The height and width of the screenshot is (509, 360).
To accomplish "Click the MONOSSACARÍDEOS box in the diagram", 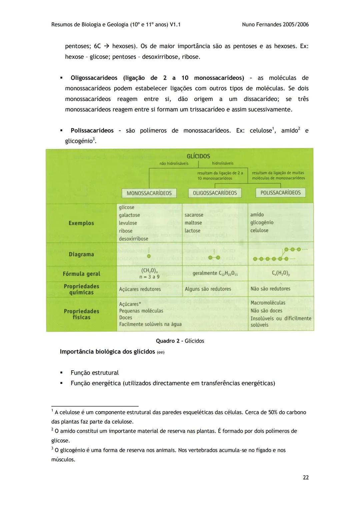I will [x=149, y=193].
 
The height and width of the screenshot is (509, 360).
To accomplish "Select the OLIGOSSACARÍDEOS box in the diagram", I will [x=215, y=193].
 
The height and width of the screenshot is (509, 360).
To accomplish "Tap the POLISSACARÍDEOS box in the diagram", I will [x=280, y=193].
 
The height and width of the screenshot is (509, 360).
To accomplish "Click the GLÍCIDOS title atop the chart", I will [x=198, y=156].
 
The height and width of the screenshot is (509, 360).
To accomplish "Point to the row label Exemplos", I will [x=81, y=223].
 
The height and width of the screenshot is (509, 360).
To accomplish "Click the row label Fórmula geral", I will [x=81, y=274].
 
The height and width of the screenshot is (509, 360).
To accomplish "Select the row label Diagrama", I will [x=81, y=254].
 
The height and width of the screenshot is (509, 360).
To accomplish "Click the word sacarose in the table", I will [x=194, y=215].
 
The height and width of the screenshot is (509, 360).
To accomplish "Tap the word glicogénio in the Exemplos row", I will [x=262, y=222].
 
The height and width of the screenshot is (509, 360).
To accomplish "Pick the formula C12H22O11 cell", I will [x=215, y=273].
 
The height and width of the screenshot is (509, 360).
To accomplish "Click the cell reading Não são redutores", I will [x=270, y=289].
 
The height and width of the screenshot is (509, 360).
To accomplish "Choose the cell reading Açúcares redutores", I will [x=140, y=289].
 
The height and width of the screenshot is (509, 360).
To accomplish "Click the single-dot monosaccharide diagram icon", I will [x=149, y=256].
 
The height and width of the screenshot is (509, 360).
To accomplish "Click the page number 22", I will [x=305, y=477].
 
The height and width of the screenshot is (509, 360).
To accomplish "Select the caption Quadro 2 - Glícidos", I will [x=180, y=341].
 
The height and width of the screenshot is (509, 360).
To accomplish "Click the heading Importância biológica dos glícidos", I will [x=107, y=352].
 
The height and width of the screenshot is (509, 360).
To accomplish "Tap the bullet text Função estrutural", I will [x=95, y=373].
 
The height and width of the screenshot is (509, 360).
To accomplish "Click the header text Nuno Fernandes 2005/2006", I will [x=275, y=24].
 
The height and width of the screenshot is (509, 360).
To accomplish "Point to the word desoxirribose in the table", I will [x=133, y=239].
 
